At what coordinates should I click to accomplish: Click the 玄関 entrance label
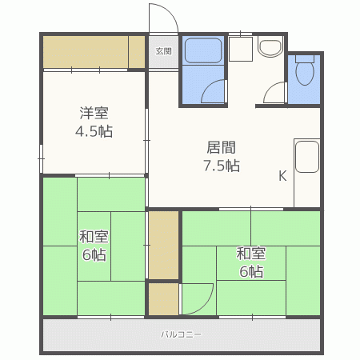tap(163, 51)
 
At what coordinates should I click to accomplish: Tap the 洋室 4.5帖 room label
tap(94, 122)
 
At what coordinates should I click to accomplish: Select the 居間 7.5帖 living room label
tap(222, 156)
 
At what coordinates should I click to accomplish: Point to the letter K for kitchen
tap(282, 176)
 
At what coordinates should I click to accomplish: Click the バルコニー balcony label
tap(181, 334)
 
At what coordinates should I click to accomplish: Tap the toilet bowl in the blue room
tap(305, 74)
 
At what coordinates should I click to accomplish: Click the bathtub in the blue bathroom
tap(203, 51)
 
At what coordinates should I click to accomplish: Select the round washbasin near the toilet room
tap(270, 48)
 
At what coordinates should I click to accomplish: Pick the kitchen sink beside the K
tap(307, 157)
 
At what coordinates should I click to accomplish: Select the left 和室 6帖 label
tap(94, 246)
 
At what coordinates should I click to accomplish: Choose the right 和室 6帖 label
tap(251, 262)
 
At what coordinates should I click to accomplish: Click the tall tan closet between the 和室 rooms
tap(163, 245)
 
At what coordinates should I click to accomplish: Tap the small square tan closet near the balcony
tap(163, 299)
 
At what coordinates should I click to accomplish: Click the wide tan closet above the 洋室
tap(94, 52)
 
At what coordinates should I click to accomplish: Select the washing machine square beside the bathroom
tap(241, 49)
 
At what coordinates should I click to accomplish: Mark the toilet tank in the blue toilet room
tap(305, 58)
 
